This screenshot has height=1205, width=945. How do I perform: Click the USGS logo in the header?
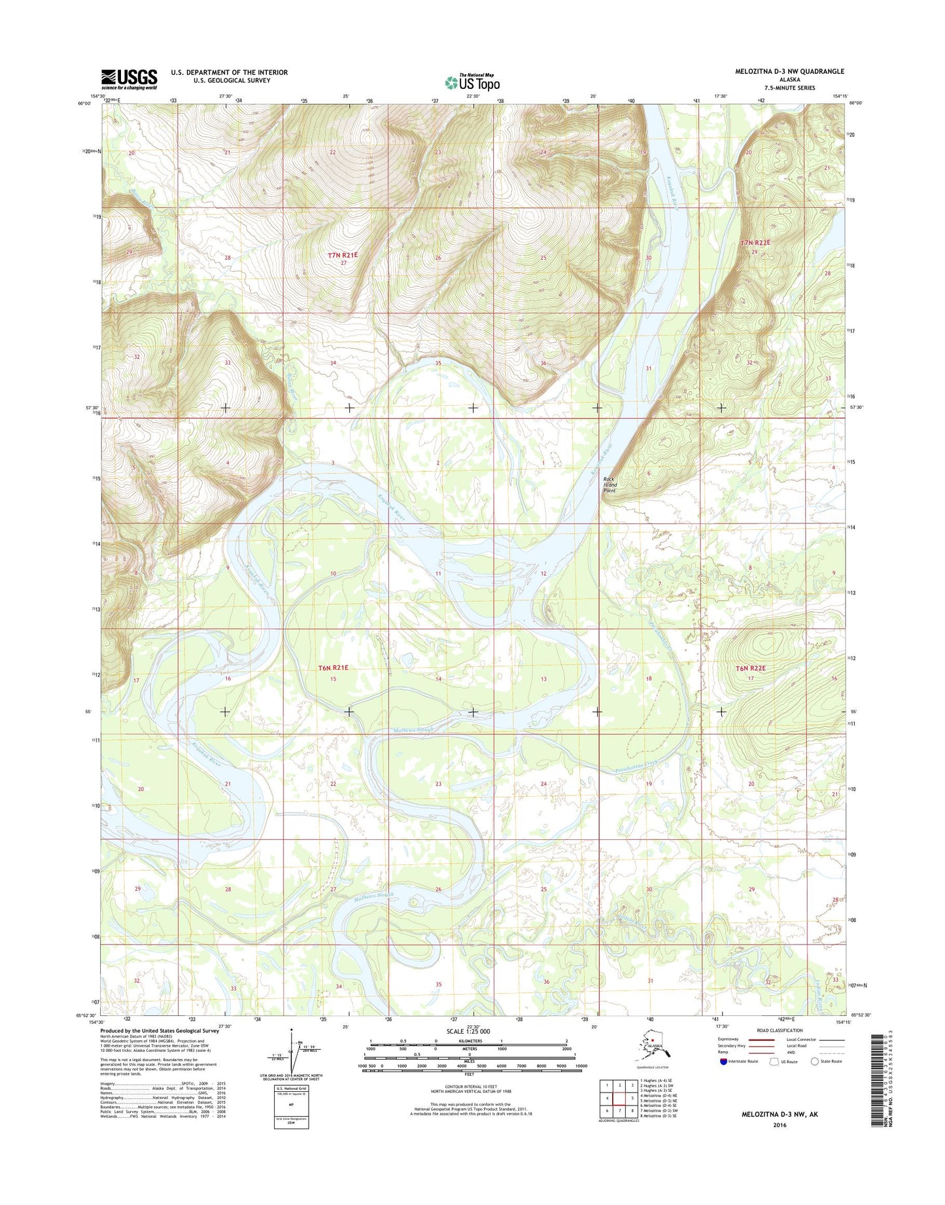tap(129, 79)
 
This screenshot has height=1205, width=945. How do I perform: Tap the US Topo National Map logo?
tap(472, 82)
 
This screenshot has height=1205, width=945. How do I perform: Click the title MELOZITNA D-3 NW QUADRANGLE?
tap(789, 71)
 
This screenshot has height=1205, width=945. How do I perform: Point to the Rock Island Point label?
tap(610, 485)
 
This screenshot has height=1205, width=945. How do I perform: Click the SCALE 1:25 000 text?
tap(468, 1032)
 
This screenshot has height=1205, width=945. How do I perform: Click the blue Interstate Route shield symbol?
tap(723, 1061)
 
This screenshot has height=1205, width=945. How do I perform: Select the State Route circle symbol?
tap(815, 1061)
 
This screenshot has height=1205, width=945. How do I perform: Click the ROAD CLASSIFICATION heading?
tap(777, 1030)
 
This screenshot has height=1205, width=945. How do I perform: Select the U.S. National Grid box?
tap(291, 1107)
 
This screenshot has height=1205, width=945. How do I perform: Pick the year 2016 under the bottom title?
tap(780, 1125)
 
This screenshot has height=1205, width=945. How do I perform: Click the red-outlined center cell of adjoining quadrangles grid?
tap(619, 1098)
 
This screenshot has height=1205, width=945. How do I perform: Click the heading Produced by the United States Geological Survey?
tap(160, 1030)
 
